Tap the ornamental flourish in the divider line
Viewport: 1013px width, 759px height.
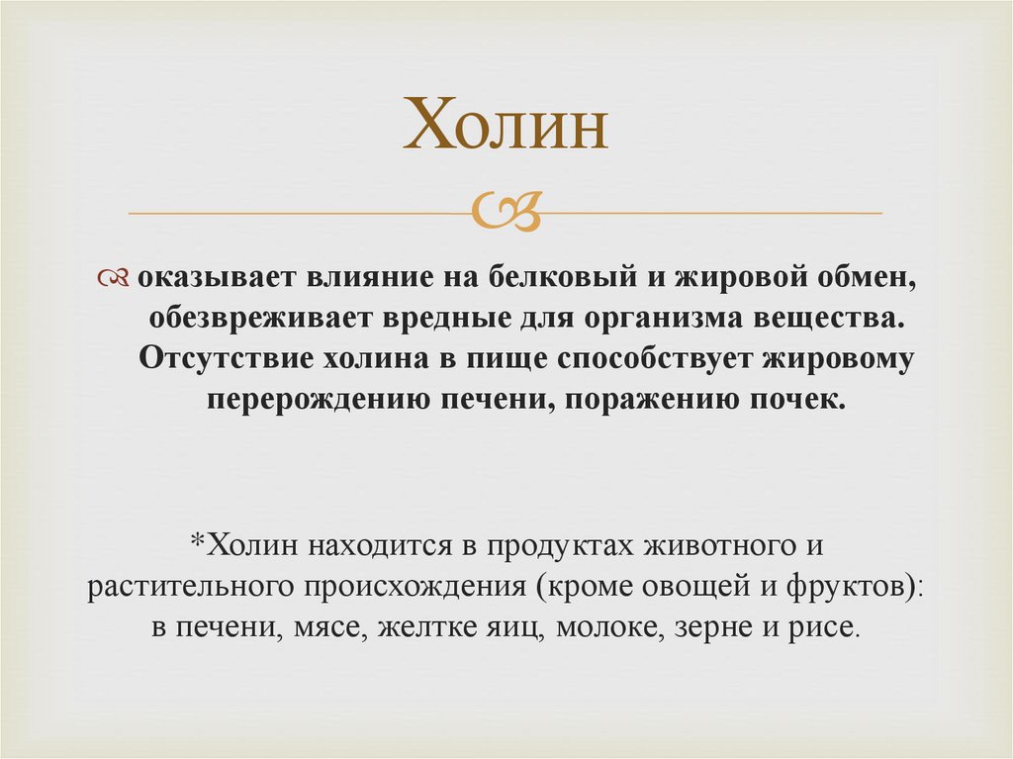coord(507,211)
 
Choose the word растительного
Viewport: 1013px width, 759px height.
coord(177,587)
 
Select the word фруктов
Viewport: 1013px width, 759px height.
coord(849,587)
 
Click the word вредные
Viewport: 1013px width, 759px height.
coord(440,319)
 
